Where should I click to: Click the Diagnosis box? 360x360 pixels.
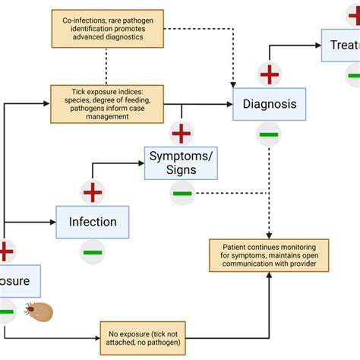pos(269,104)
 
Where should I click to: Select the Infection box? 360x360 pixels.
pos(93,222)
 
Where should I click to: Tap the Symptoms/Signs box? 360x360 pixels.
pos(180,163)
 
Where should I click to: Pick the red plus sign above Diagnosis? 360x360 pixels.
pos(270,74)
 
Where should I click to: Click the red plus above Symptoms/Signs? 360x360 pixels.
pos(181,133)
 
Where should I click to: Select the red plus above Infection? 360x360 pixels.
pos(93,192)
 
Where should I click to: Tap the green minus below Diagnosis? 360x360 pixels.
pos(269,134)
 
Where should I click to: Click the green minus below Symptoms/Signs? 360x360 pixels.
pos(182,193)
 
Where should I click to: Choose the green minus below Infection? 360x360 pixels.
pos(93,251)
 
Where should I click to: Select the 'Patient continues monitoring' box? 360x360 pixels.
pos(269,254)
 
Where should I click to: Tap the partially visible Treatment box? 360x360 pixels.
pos(340,45)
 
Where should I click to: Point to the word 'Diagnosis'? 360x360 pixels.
pos(269,104)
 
